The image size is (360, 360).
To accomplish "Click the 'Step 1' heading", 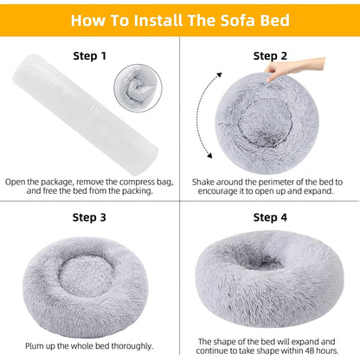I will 91,55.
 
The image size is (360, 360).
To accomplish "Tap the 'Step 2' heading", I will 270,55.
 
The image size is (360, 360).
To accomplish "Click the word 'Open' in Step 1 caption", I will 16,182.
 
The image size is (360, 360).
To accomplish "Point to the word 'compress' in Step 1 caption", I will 137,182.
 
